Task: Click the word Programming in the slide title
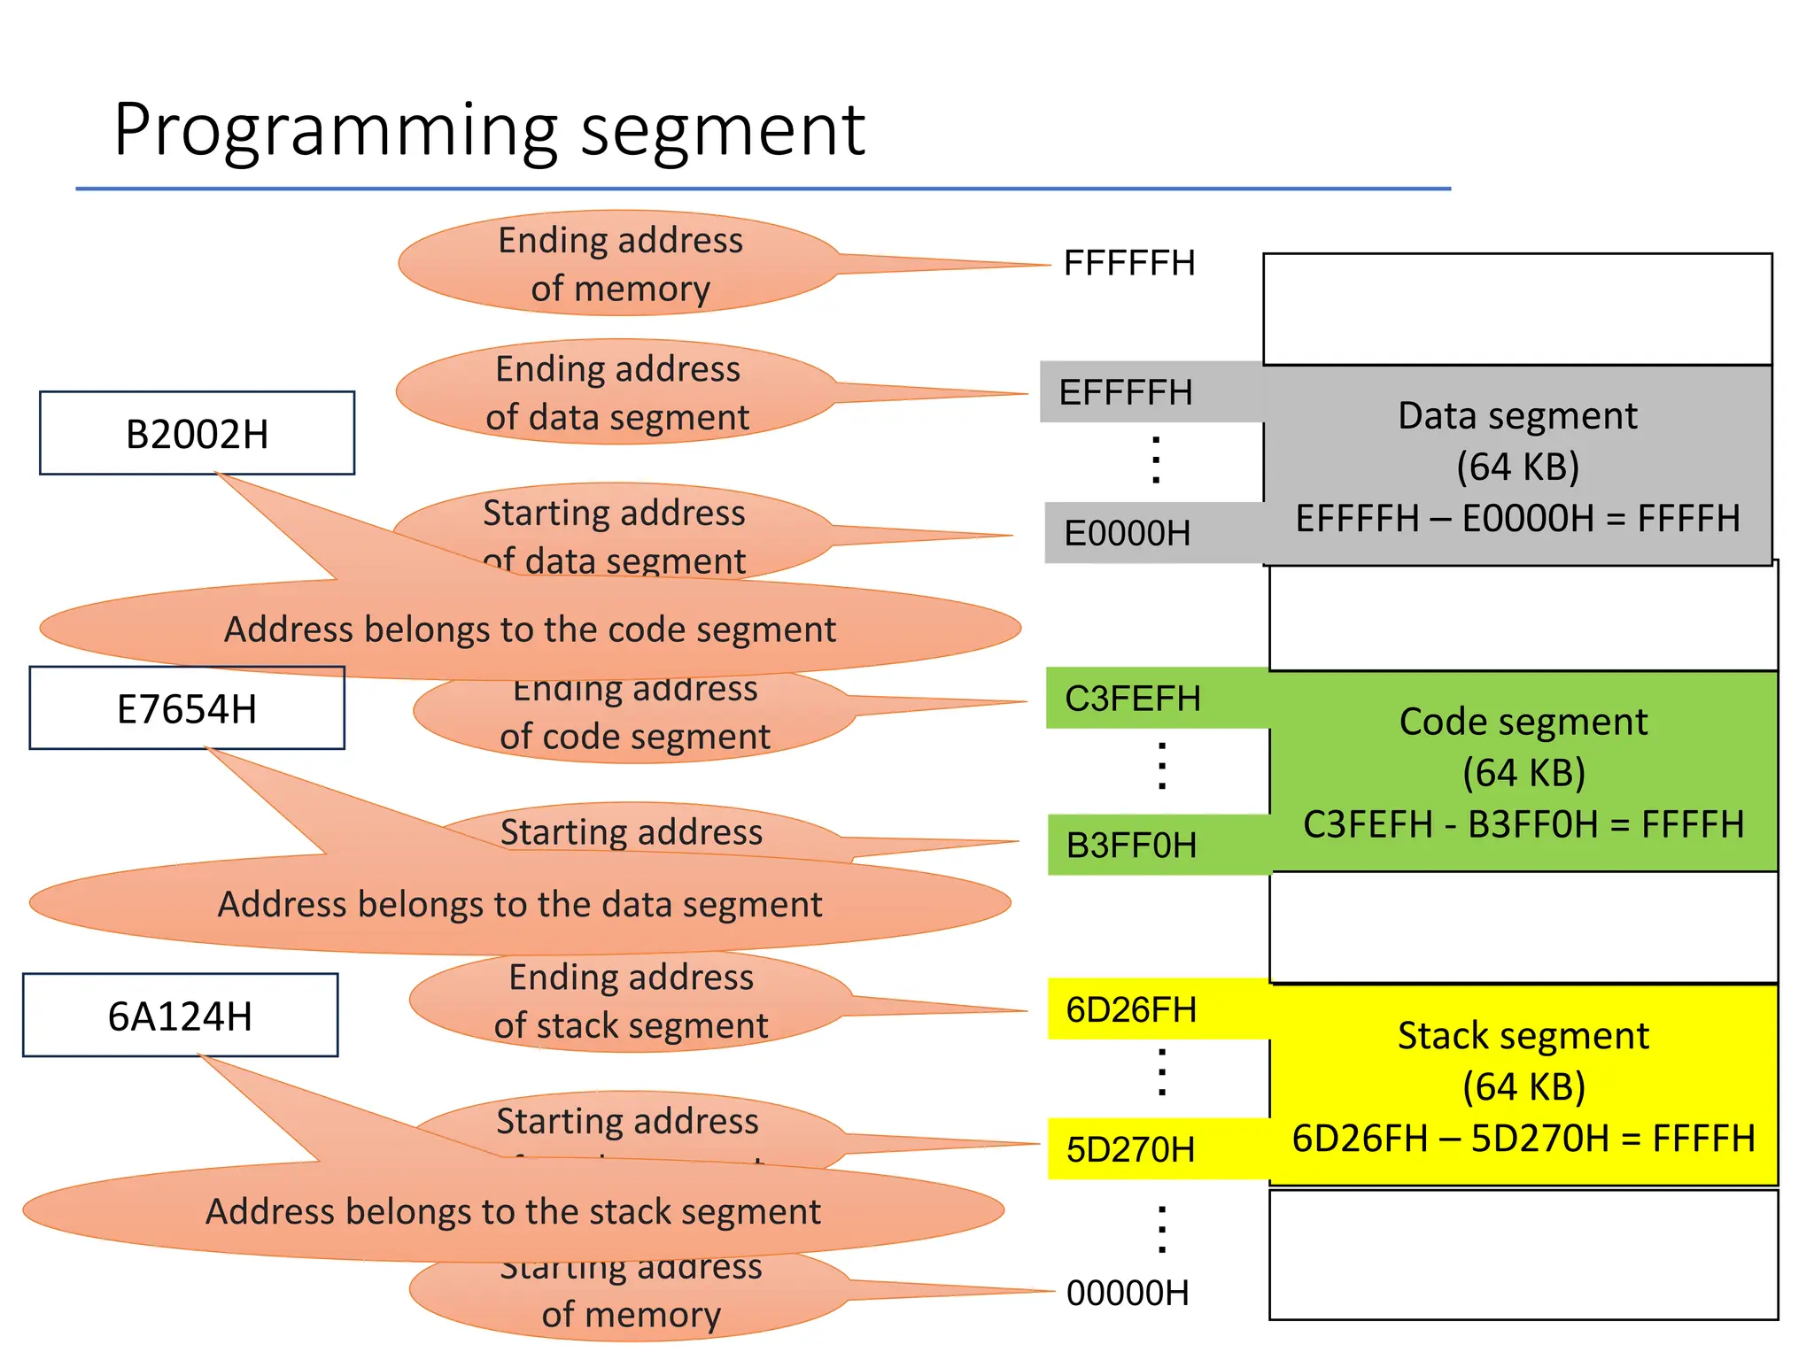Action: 337,131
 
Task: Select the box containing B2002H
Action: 197,434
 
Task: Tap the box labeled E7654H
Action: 187,708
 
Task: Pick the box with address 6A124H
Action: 180,1016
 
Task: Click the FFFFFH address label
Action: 1129,263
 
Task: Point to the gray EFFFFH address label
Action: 1126,392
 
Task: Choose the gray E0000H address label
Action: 1127,533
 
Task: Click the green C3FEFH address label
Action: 1133,699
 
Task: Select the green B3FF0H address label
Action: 1131,845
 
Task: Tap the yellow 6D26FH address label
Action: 1131,1009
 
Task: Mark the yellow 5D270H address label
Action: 1130,1149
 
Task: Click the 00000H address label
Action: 1128,1293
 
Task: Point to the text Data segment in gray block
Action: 1517,415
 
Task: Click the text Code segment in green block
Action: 1523,722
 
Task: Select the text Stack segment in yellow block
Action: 1523,1035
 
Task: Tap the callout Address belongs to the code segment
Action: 530,630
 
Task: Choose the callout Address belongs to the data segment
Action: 520,904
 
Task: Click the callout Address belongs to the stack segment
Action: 513,1211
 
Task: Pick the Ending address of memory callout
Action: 620,264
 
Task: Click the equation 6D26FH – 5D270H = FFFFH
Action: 1523,1138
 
